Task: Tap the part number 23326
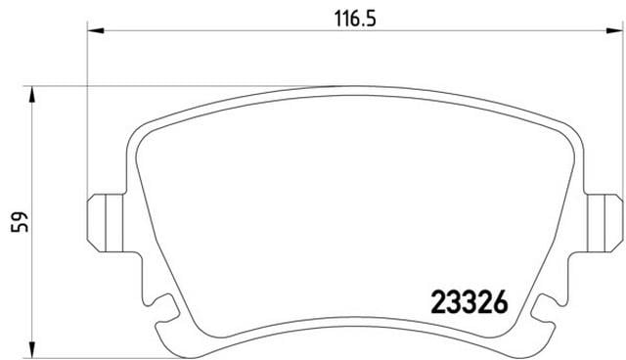pos(469,303)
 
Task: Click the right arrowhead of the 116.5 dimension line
pos(613,32)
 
